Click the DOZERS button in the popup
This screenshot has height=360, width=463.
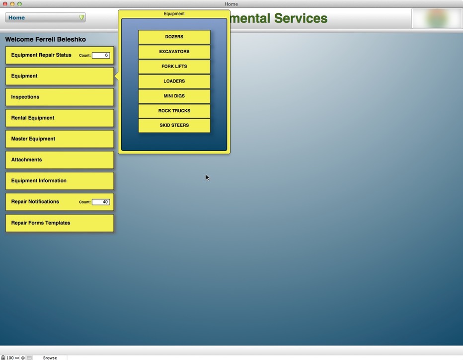(x=174, y=37)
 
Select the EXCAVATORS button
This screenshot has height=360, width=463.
(x=174, y=52)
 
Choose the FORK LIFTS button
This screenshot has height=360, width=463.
(x=174, y=67)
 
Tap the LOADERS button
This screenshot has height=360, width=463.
(x=174, y=81)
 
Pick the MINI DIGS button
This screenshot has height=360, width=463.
(x=174, y=96)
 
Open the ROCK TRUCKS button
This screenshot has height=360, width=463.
(x=174, y=111)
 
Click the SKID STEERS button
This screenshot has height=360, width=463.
(x=174, y=126)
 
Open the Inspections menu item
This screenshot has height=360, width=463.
(x=60, y=97)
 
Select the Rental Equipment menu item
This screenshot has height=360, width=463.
(x=60, y=118)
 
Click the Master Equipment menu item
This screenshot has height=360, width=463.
(x=60, y=139)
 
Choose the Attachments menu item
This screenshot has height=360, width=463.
(x=60, y=160)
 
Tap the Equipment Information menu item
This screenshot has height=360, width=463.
(x=60, y=181)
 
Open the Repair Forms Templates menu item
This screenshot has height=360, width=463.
(x=60, y=223)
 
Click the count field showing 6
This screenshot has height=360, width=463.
(x=101, y=55)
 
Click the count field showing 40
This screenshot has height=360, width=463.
(x=101, y=202)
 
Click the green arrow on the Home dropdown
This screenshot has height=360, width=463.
(x=81, y=18)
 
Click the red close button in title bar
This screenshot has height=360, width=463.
(x=5, y=4)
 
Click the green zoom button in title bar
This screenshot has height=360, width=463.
(x=19, y=4)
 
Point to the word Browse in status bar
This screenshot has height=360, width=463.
(x=50, y=358)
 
